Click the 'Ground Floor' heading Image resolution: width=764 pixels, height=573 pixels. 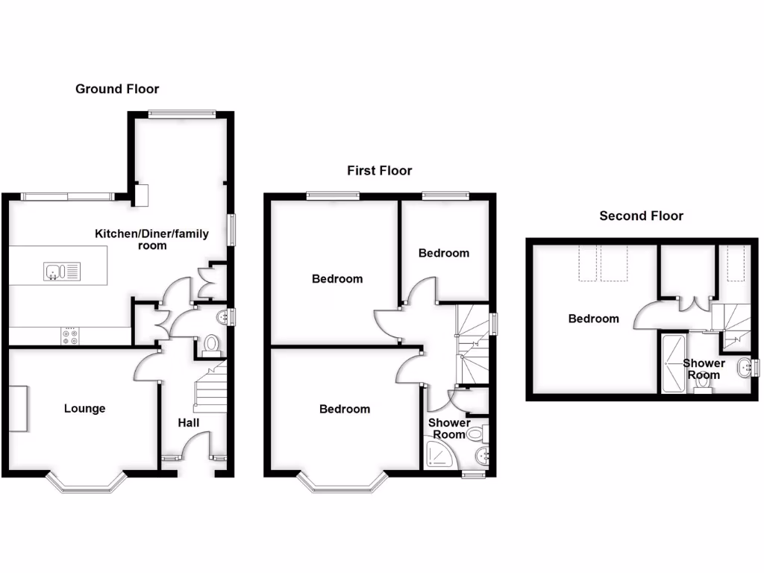point(117,89)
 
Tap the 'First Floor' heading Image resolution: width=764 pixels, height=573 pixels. point(379,171)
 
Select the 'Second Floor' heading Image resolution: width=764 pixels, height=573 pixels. point(641,216)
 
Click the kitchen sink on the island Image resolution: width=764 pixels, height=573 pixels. point(56,271)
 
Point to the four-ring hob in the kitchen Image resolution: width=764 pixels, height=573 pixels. point(71,336)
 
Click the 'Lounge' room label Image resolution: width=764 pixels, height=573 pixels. point(84,409)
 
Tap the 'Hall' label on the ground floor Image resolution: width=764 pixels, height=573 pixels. point(188,423)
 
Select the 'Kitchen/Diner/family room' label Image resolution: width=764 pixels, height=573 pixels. point(151,239)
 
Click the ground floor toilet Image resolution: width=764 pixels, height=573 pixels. point(212,345)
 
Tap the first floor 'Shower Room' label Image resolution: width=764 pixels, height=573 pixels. point(448,428)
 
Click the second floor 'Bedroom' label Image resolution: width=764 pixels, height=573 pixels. point(593,319)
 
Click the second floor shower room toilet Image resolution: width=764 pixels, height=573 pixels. point(701,383)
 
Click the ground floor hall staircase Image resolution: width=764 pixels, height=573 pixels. point(210,388)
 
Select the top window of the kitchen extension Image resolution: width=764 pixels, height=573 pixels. point(181,113)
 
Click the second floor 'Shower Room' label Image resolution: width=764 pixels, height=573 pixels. point(704,369)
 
